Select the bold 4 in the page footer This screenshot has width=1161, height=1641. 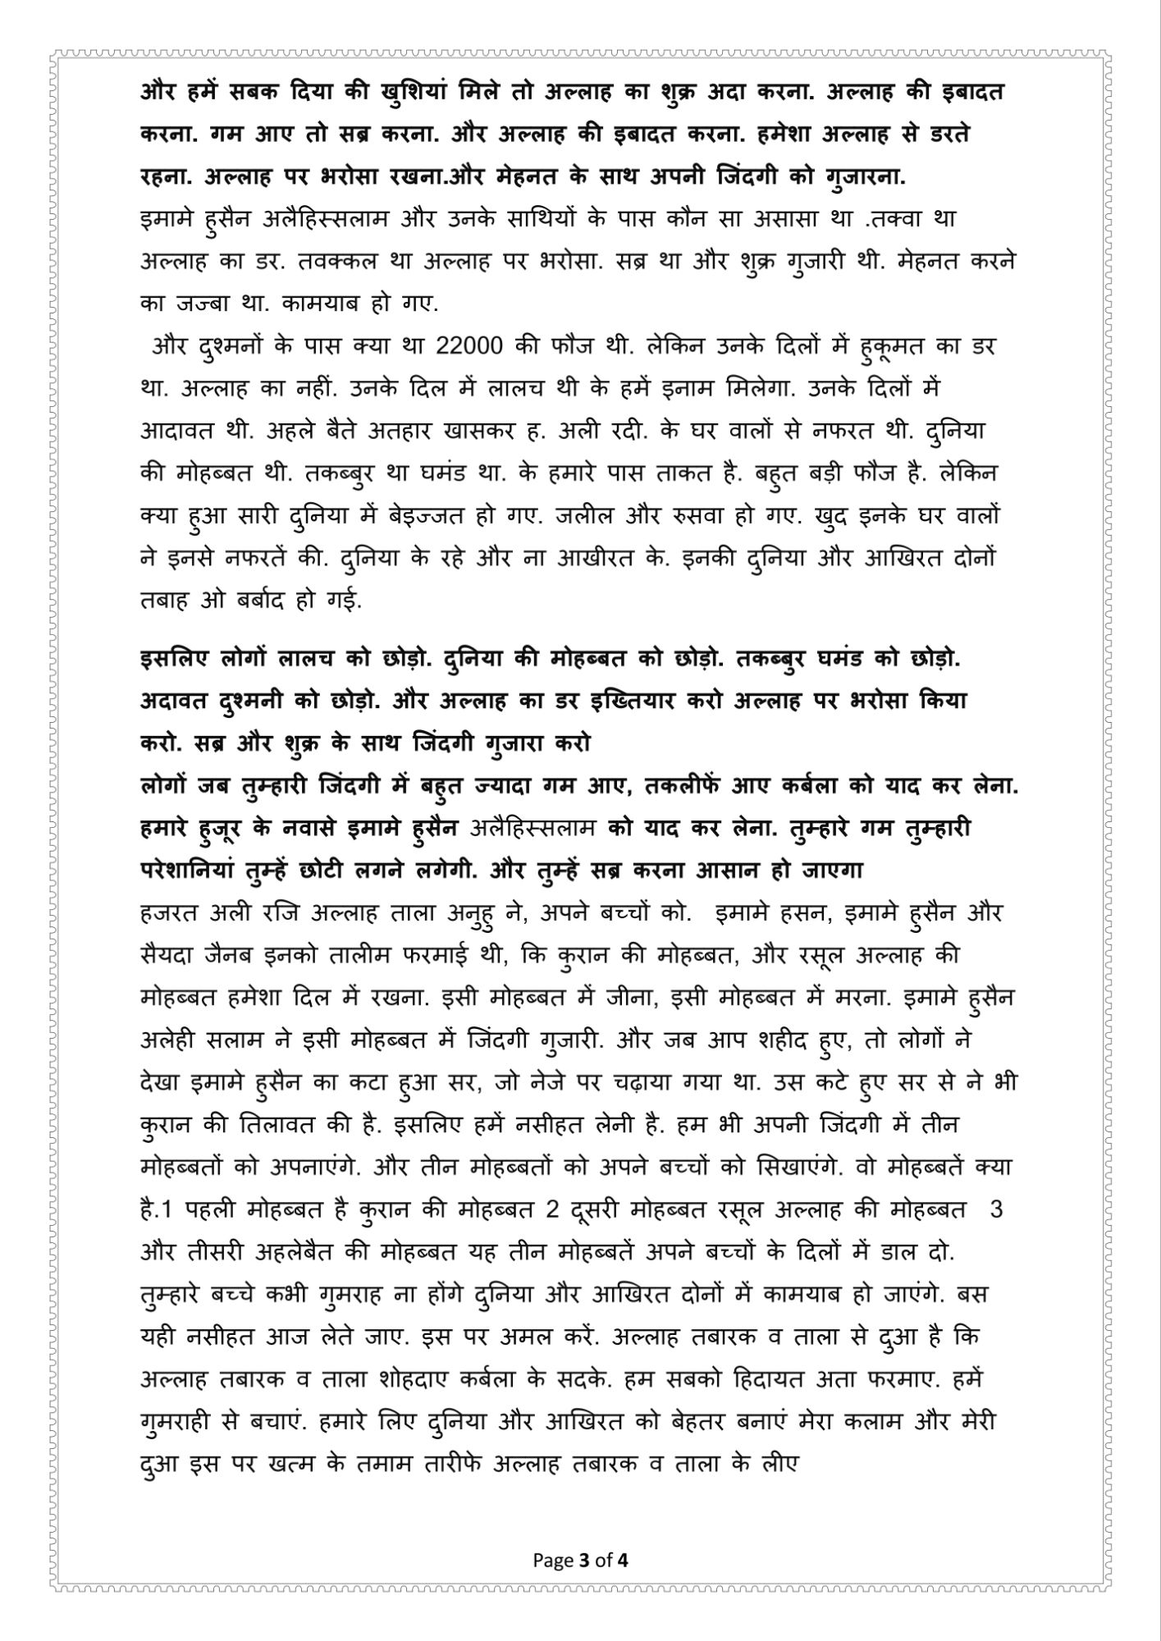[624, 1584]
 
